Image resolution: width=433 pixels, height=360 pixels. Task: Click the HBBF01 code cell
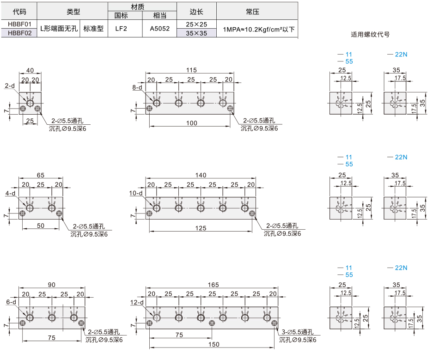coord(19,24)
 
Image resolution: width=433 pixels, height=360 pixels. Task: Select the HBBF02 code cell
coord(19,33)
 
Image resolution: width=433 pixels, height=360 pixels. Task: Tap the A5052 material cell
coord(159,29)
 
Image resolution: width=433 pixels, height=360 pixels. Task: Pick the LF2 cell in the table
coord(121,29)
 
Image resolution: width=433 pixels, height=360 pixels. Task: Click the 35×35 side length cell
coord(196,33)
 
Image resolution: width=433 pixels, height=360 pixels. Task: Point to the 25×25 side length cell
coord(196,24)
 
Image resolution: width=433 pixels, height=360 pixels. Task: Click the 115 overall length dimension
coord(191,70)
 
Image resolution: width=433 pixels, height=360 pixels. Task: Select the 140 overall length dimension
coord(201,175)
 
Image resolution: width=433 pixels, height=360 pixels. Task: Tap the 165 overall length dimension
coord(213,285)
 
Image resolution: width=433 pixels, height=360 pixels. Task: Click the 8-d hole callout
coord(137,87)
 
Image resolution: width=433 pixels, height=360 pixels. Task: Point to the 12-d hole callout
coord(137,302)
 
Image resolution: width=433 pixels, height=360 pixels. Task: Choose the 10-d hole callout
coord(136,193)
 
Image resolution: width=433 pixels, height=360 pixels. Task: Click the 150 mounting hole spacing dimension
coord(214,344)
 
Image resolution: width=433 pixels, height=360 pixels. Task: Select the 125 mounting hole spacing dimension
coord(201,228)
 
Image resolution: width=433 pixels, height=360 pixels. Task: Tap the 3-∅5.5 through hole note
coord(298,332)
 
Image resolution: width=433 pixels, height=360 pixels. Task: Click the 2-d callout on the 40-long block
coord(10,85)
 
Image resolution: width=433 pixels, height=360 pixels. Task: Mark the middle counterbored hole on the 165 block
coord(212,323)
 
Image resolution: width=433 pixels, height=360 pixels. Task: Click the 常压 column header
coord(253,12)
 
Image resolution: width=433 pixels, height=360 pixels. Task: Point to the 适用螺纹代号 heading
coord(370,35)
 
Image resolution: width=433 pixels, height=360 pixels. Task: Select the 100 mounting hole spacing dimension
coord(192,123)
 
